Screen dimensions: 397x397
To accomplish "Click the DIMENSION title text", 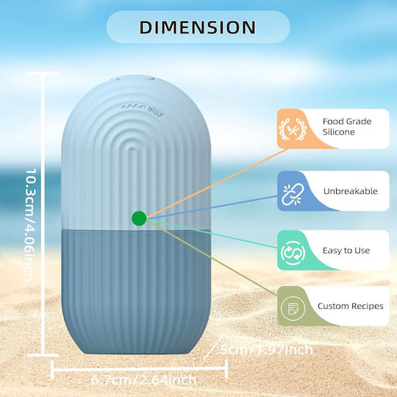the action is [198, 27].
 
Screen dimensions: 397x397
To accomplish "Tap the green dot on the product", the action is [139, 218].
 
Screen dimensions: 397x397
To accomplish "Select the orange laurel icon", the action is [293, 129].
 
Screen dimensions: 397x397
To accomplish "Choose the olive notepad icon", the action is [293, 308].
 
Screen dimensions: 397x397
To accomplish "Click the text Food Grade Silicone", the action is [347, 126].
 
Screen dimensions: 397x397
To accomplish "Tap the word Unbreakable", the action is [351, 191].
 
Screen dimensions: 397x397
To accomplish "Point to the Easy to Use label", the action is [346, 251].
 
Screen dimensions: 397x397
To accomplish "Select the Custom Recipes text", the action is [351, 306].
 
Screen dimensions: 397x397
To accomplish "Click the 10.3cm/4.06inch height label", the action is [29, 225].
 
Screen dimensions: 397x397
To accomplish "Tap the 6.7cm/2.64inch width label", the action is [143, 380].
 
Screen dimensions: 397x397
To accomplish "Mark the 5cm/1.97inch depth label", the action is [267, 350].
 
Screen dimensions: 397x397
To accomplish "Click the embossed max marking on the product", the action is [143, 109].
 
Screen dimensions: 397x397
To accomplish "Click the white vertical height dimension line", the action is [43, 214].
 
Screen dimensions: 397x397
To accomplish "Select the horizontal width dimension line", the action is [139, 370].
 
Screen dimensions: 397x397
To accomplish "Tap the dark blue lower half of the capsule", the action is [136, 291].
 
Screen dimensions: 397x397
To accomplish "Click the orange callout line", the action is [217, 183].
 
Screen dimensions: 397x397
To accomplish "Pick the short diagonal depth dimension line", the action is [213, 347].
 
